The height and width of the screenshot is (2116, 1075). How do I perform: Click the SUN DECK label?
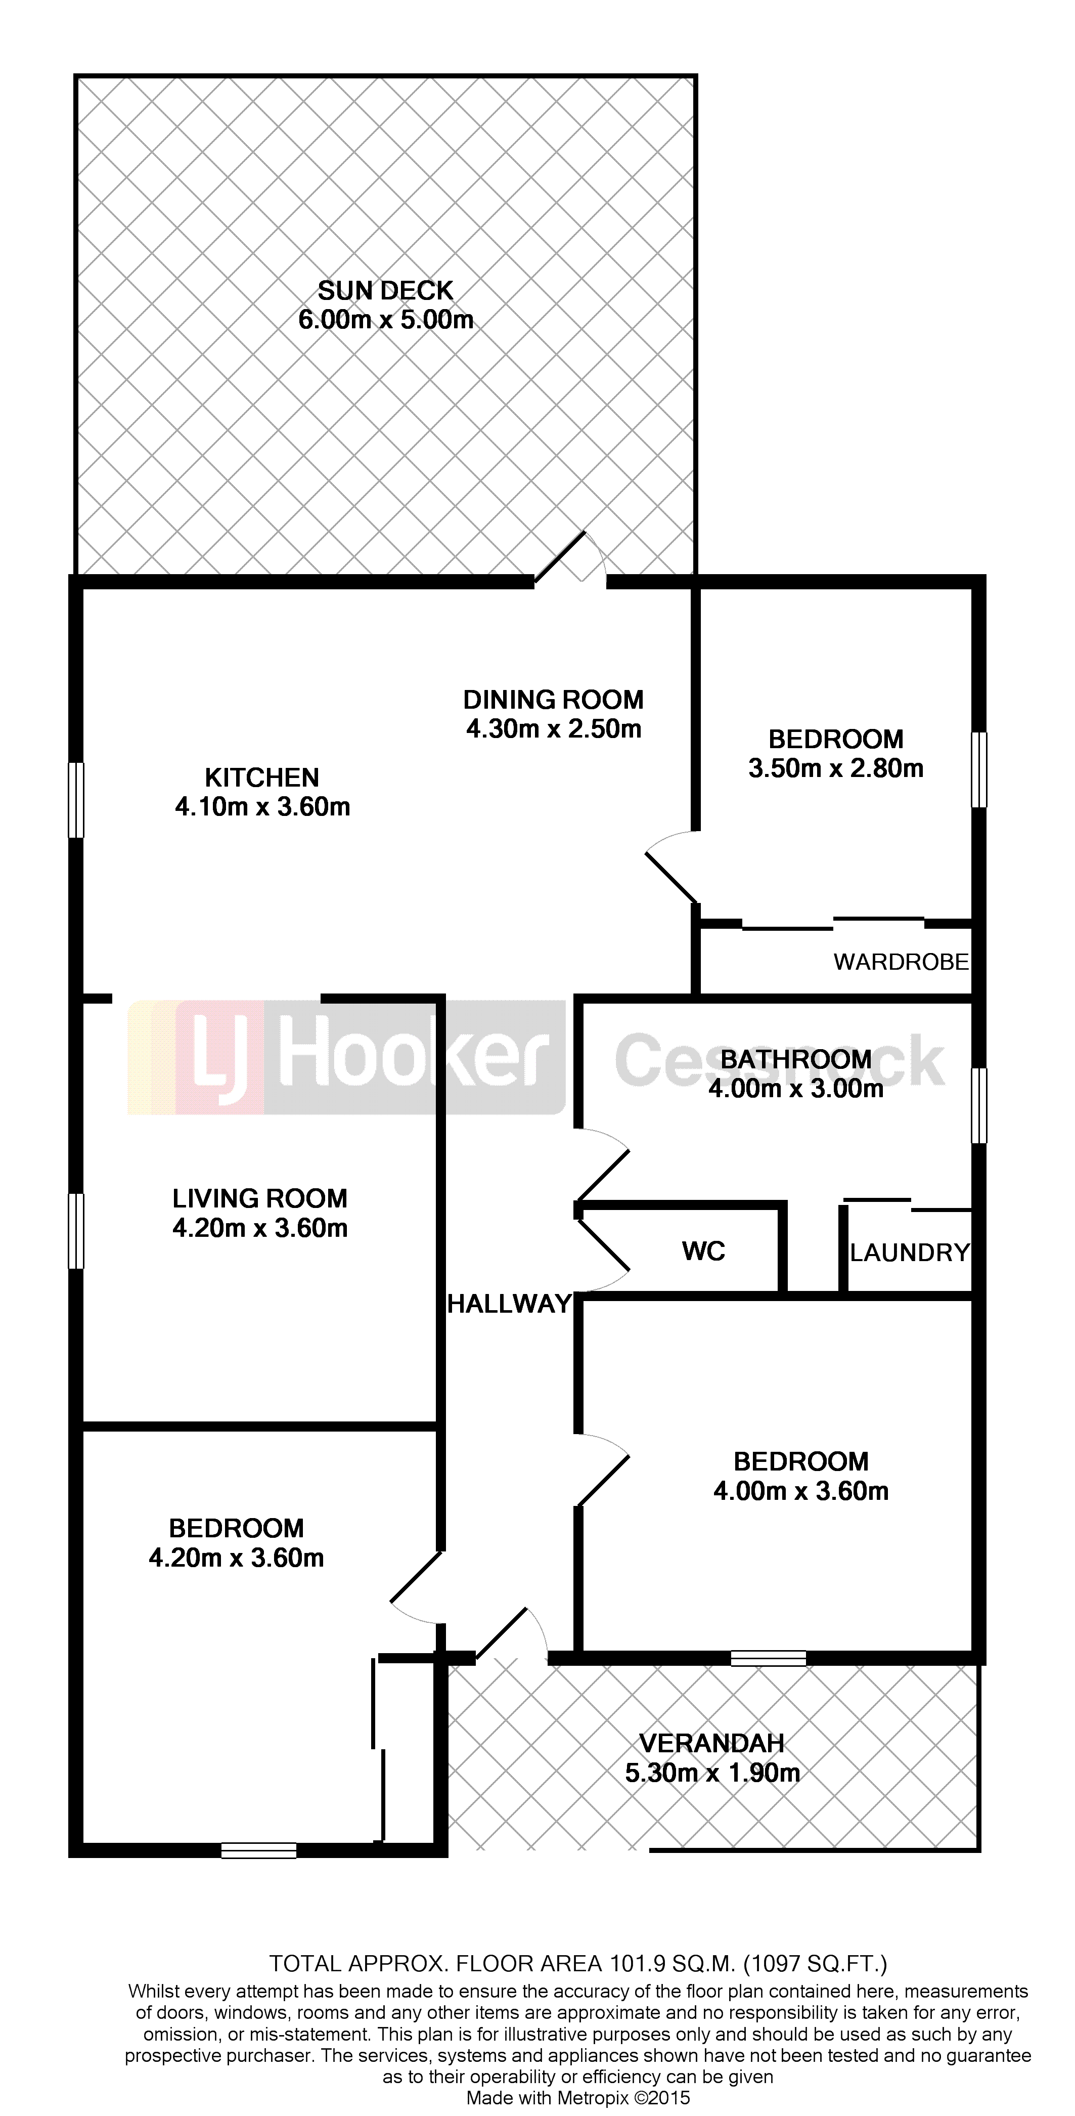tap(385, 291)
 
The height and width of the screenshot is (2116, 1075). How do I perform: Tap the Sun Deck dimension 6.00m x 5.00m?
tap(385, 320)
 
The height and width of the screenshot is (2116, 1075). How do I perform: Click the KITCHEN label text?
tap(262, 778)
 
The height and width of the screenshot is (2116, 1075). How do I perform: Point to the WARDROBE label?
tap(902, 962)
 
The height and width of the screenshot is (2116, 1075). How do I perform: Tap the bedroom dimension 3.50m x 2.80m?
tap(836, 768)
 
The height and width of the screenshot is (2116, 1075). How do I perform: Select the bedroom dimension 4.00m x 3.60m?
tap(801, 1491)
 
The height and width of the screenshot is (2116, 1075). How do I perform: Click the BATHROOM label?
tap(796, 1060)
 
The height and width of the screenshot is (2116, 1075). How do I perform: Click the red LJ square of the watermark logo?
tap(220, 1057)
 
